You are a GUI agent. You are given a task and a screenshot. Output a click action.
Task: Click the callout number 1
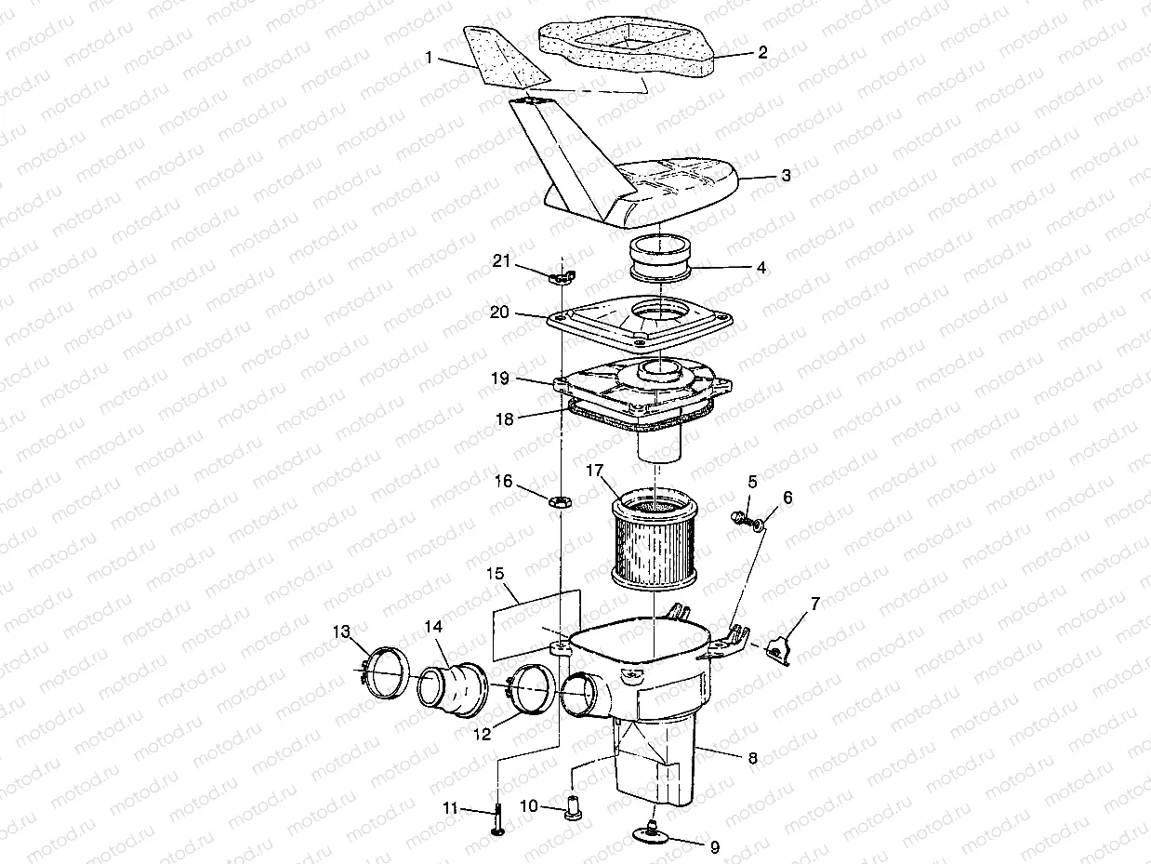coord(429,58)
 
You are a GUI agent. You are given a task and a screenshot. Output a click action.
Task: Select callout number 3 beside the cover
coord(786,175)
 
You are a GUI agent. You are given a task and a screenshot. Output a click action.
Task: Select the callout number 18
coord(504,419)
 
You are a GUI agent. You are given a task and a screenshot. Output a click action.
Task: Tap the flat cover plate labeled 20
coord(642,321)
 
